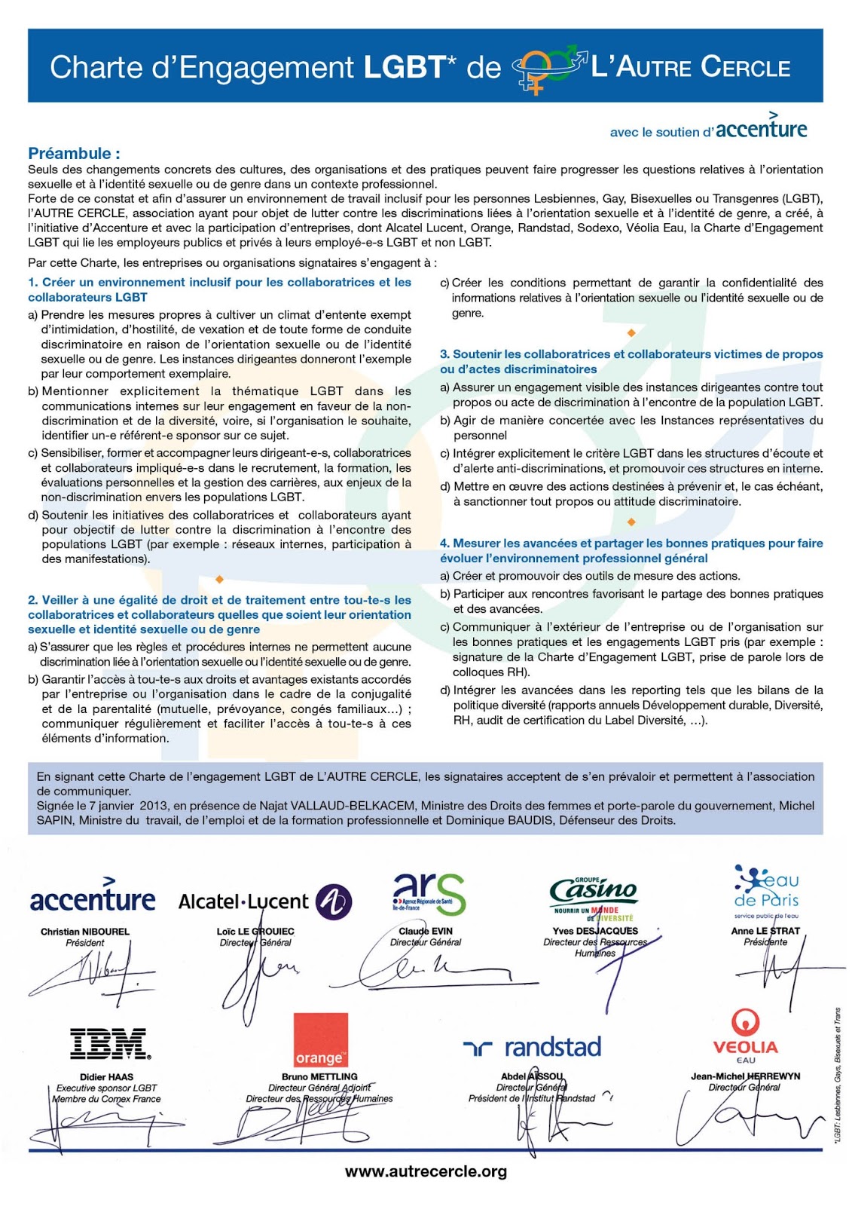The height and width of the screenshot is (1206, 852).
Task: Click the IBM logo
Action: (110, 1044)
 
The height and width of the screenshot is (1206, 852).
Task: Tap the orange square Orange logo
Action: (320, 1039)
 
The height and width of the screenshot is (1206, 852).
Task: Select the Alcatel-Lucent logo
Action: (264, 901)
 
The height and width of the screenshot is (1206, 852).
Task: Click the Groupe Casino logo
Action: (594, 898)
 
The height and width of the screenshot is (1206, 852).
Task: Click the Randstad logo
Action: (532, 1047)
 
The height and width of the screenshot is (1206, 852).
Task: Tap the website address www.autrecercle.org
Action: (426, 1171)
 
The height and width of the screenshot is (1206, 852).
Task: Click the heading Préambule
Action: (74, 153)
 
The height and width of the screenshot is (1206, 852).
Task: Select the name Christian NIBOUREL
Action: (85, 932)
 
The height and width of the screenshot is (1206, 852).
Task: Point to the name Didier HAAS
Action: (106, 1076)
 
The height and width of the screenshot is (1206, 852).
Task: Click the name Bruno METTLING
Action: (319, 1076)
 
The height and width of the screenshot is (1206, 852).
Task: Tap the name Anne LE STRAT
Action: (765, 931)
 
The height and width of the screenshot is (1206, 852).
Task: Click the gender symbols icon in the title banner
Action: (548, 68)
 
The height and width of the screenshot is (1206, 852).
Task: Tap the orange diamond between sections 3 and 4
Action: (631, 522)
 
